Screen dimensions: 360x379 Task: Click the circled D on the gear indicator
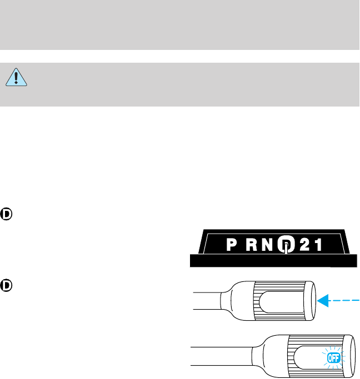click(x=285, y=246)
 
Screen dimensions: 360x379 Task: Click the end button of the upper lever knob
click(x=309, y=300)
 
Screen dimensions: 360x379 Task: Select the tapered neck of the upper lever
click(x=231, y=300)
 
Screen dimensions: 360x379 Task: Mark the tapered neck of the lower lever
click(x=261, y=356)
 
